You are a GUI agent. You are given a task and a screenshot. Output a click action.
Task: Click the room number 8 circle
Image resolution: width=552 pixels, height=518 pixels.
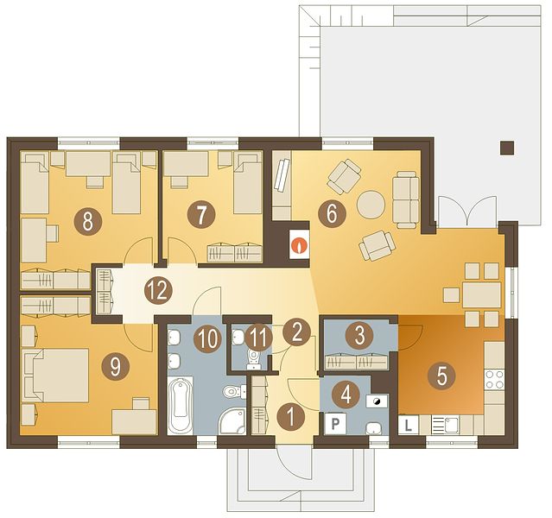[x=87, y=221]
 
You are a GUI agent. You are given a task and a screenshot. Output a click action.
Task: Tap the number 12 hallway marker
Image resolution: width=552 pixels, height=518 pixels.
[x=158, y=291]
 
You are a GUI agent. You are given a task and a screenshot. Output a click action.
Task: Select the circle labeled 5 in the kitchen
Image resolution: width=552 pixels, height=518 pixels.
[x=441, y=376]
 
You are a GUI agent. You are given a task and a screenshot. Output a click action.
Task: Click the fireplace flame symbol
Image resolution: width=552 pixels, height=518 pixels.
[x=299, y=244]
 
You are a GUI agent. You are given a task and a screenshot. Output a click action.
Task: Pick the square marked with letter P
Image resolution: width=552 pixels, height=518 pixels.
[x=335, y=424]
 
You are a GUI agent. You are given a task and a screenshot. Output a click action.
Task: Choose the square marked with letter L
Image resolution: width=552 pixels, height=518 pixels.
[x=409, y=425]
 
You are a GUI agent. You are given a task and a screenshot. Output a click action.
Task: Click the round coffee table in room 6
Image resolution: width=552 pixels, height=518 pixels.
[x=371, y=205]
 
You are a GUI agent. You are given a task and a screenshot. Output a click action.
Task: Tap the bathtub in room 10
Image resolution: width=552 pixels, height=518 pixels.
[x=181, y=406]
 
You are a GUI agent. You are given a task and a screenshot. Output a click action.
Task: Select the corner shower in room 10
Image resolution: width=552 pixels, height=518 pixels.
[x=233, y=421]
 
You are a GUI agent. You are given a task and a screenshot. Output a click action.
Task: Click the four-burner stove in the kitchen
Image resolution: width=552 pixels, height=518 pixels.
[x=494, y=379]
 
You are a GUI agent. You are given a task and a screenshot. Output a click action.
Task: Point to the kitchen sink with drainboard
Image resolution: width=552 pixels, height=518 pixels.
[x=446, y=425]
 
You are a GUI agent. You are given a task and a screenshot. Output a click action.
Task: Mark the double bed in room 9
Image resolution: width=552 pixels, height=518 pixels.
[x=55, y=376]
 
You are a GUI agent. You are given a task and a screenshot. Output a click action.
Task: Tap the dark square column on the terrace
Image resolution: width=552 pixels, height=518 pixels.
[x=507, y=148]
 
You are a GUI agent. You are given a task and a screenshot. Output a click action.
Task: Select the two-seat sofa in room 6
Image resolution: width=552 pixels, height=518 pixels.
[x=405, y=199]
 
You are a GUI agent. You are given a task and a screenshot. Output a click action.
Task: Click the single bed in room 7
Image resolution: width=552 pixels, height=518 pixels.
[x=248, y=183]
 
